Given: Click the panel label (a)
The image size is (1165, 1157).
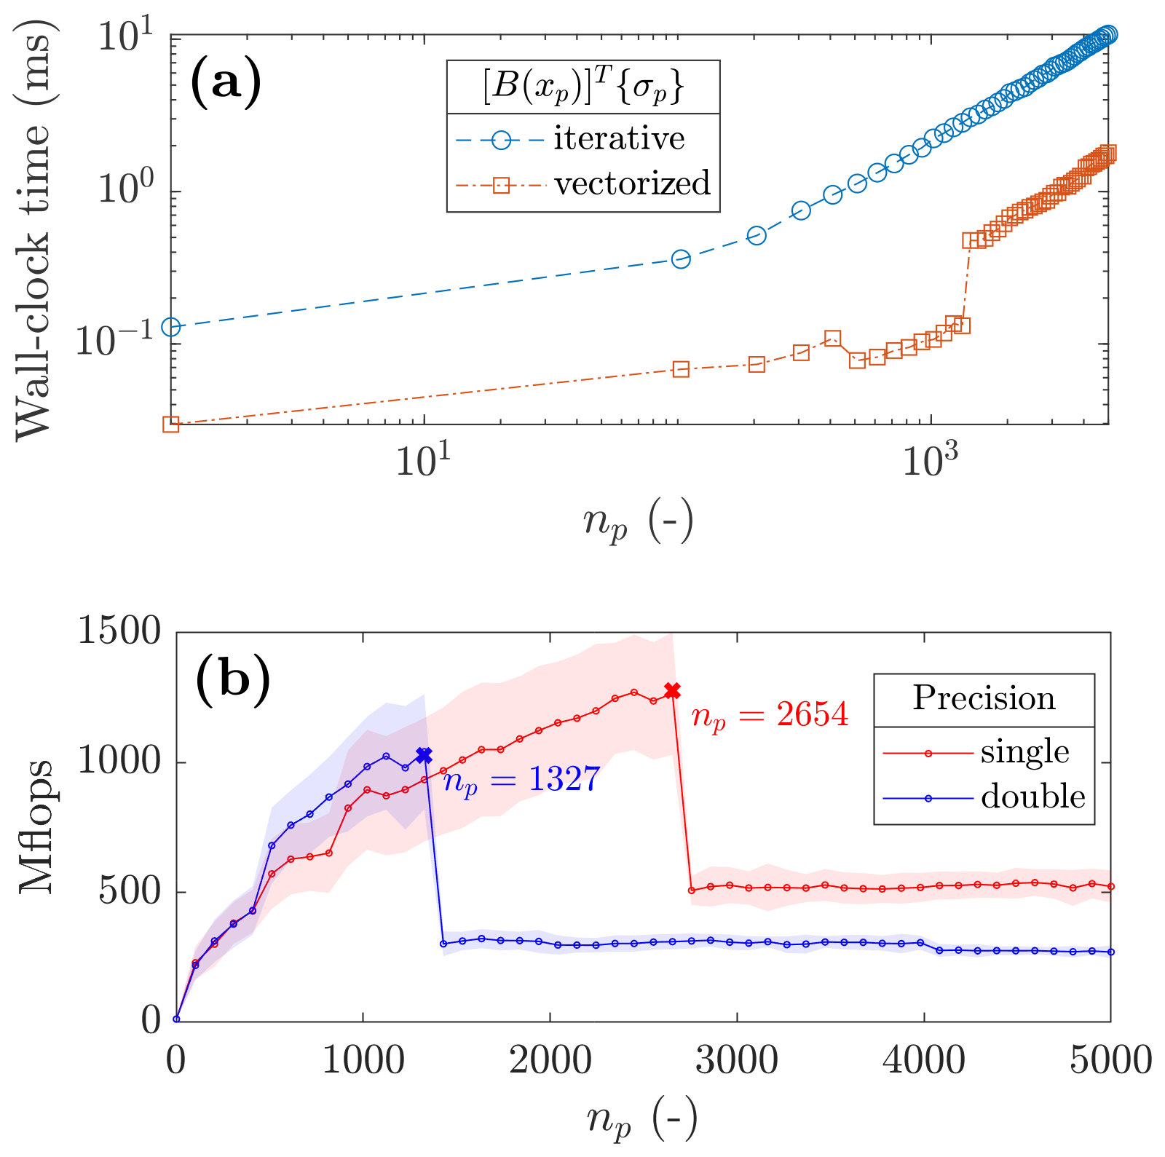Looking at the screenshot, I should point(225,82).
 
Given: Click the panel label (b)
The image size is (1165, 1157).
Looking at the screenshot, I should point(233,679).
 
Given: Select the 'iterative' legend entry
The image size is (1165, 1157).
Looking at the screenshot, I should point(619,138).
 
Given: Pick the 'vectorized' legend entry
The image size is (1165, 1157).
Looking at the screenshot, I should point(632,183).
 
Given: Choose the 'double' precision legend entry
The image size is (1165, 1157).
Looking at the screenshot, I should point(1033,797).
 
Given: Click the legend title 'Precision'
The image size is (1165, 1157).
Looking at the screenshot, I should point(984,698).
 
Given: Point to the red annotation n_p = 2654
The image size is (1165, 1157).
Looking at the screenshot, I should point(770,715).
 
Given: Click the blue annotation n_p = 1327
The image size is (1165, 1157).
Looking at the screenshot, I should point(521,781).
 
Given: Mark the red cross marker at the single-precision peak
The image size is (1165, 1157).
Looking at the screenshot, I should point(672,690).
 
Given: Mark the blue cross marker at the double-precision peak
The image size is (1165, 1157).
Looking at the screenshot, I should point(424,755).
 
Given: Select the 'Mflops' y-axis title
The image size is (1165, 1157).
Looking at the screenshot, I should point(36,826).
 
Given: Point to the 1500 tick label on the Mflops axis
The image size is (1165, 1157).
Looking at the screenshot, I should point(119,631).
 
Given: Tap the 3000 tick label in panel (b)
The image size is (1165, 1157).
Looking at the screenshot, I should point(737,1061).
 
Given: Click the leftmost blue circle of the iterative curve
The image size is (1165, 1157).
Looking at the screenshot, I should point(171,327).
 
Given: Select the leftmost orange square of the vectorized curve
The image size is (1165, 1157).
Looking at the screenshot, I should point(171,425).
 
